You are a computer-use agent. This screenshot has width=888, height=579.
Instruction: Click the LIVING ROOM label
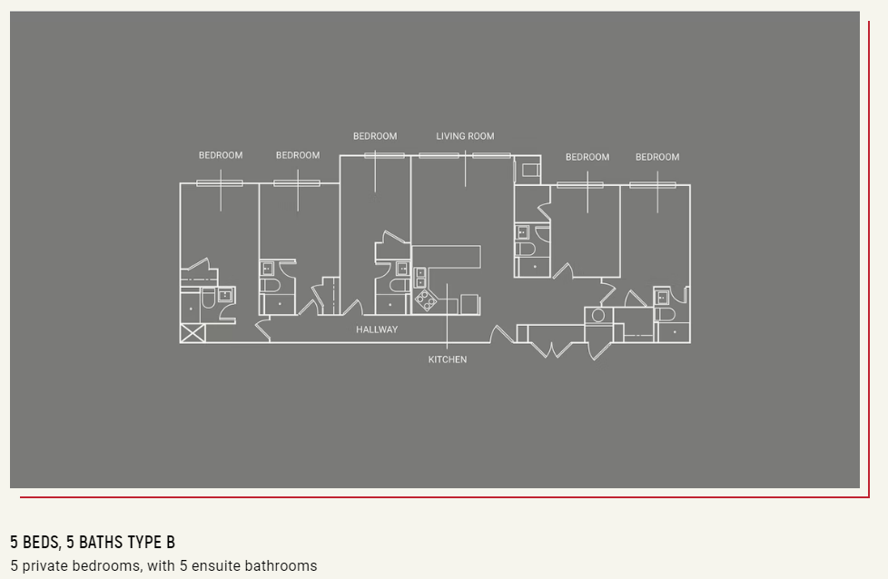click(465, 136)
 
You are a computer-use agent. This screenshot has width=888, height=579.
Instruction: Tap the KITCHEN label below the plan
click(448, 359)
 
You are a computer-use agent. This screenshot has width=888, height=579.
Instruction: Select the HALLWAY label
click(377, 329)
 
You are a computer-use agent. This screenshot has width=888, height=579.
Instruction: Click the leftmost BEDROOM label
click(221, 155)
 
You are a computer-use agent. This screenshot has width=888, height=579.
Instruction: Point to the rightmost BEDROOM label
click(657, 157)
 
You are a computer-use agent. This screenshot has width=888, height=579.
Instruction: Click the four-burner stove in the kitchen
click(425, 300)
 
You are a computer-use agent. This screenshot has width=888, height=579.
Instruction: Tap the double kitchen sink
click(420, 278)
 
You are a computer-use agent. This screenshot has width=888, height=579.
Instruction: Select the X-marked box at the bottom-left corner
click(192, 333)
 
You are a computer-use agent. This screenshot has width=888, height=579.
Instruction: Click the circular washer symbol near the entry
click(598, 315)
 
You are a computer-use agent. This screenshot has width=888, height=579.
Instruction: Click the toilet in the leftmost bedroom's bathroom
click(208, 299)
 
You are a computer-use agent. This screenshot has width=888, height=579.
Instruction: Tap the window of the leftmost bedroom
click(220, 183)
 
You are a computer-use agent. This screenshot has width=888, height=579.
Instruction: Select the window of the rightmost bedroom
click(653, 185)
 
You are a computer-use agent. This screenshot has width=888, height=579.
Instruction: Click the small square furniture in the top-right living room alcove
click(530, 169)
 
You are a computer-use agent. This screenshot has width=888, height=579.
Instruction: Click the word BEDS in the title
click(41, 542)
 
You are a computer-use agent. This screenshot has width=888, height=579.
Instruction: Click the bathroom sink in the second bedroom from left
click(267, 269)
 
